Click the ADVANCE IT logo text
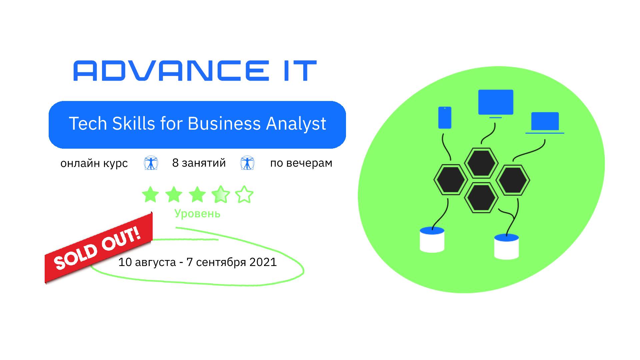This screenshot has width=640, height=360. (195, 71)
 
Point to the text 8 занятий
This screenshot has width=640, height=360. (199, 163)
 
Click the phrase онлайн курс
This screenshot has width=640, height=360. (94, 163)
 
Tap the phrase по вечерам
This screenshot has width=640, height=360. (301, 163)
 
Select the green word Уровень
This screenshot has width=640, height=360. (197, 213)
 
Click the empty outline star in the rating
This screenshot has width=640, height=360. (244, 194)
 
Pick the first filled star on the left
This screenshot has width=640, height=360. (150, 194)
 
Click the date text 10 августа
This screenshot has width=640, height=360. (147, 262)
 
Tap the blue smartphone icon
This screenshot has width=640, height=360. (445, 118)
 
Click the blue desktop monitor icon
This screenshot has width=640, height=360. (496, 103)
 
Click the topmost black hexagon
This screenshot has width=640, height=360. (481, 163)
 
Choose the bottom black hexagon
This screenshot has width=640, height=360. (481, 197)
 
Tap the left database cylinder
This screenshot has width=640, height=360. (432, 240)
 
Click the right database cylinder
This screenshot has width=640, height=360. (506, 247)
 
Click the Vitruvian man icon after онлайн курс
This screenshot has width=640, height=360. (151, 163)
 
